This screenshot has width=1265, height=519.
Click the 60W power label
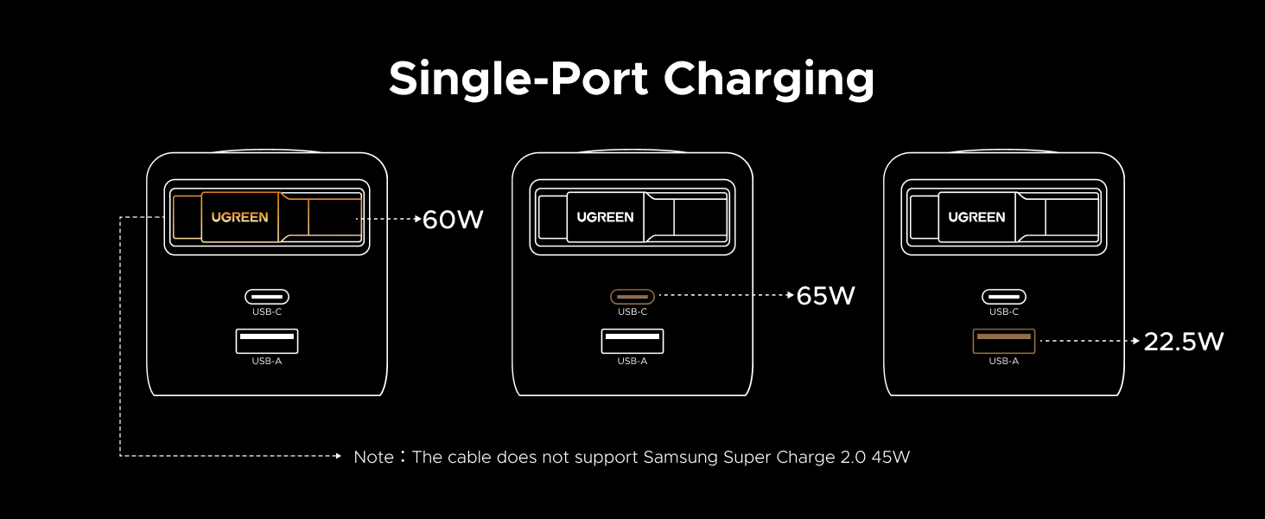pos(452,220)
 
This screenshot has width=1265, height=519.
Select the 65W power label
pos(825,296)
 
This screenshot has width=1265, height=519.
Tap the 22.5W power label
pos(1184,342)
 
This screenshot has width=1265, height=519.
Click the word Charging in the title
pos(769,80)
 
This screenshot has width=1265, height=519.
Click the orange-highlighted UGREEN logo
pos(239,217)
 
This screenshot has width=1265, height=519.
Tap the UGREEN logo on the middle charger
pos(605,217)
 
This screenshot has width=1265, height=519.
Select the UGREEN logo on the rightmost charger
pos(976,217)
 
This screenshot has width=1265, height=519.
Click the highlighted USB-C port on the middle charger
pos(632,296)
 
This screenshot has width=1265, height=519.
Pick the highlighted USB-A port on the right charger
pos(1003,341)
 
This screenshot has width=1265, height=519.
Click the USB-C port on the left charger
pos(266,296)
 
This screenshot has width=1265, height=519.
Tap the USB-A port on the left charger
pos(266,341)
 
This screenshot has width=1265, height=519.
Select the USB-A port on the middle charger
pos(632,341)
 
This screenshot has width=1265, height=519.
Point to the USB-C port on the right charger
pos(1003,296)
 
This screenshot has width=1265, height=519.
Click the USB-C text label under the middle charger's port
pos(632,312)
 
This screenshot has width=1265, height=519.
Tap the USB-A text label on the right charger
pos(1003,361)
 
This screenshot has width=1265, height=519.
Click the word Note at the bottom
pos(373,457)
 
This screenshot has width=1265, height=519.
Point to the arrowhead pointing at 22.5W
pos(1136,341)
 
